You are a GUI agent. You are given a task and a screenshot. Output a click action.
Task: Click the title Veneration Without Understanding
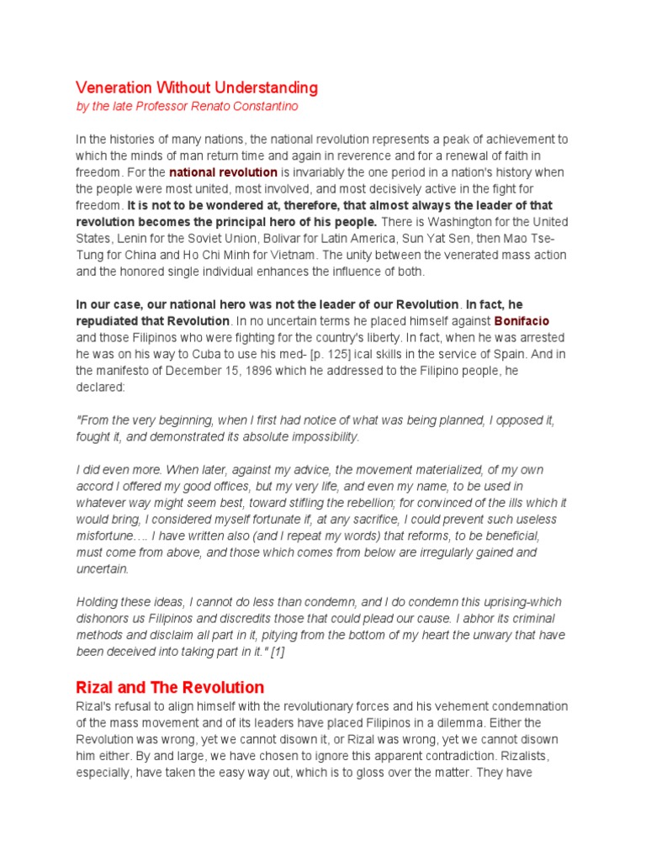click(197, 87)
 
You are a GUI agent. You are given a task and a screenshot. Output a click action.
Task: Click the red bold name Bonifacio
click(522, 321)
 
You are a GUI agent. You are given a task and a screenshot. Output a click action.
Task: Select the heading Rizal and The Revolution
click(170, 687)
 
